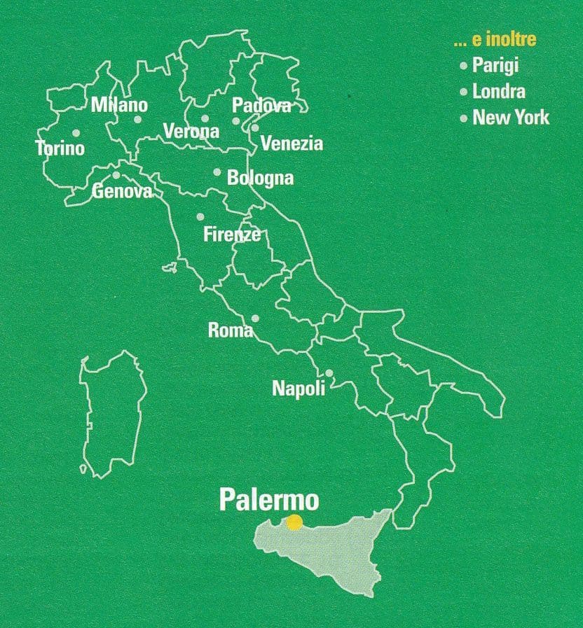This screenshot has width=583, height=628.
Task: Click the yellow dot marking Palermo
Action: click(294, 522)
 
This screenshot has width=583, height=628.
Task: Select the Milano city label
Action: click(120, 105)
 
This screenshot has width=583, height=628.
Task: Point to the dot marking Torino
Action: click(76, 132)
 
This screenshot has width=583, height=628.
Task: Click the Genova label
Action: click(123, 190)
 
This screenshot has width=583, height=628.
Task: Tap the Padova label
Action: click(261, 106)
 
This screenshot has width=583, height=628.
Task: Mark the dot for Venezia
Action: click(255, 127)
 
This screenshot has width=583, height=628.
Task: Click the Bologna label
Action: click(260, 178)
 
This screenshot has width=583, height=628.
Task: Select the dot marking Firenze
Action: click(200, 216)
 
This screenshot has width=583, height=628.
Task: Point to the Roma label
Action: click(231, 330)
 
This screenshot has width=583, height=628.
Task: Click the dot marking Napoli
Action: click(329, 372)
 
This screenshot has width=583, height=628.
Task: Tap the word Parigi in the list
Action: click(495, 66)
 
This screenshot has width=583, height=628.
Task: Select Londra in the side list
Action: click(498, 91)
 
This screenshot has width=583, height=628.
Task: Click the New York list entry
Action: click(511, 118)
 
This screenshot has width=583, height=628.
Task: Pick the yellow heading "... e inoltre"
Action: click(495, 40)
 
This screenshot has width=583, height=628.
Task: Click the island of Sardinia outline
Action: click(112, 413)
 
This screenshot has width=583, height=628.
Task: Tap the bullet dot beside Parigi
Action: click(463, 66)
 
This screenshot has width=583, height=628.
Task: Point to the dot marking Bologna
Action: click(217, 172)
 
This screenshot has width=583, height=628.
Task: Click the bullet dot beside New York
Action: click(463, 118)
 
